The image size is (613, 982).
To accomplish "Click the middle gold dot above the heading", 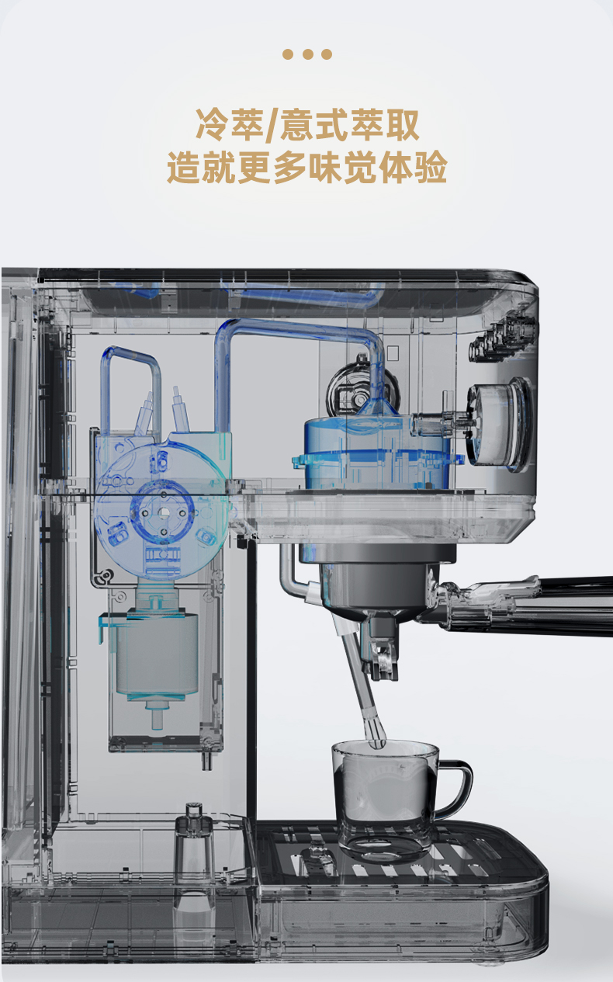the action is coord(307,54).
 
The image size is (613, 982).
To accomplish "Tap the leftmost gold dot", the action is coord(288,54).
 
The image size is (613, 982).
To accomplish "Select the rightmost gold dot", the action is coord(327,54).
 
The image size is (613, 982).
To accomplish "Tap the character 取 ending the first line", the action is coord(402,125).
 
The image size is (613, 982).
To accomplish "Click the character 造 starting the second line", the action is coord(184,167).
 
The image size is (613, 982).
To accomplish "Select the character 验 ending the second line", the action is coord(431,167).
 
